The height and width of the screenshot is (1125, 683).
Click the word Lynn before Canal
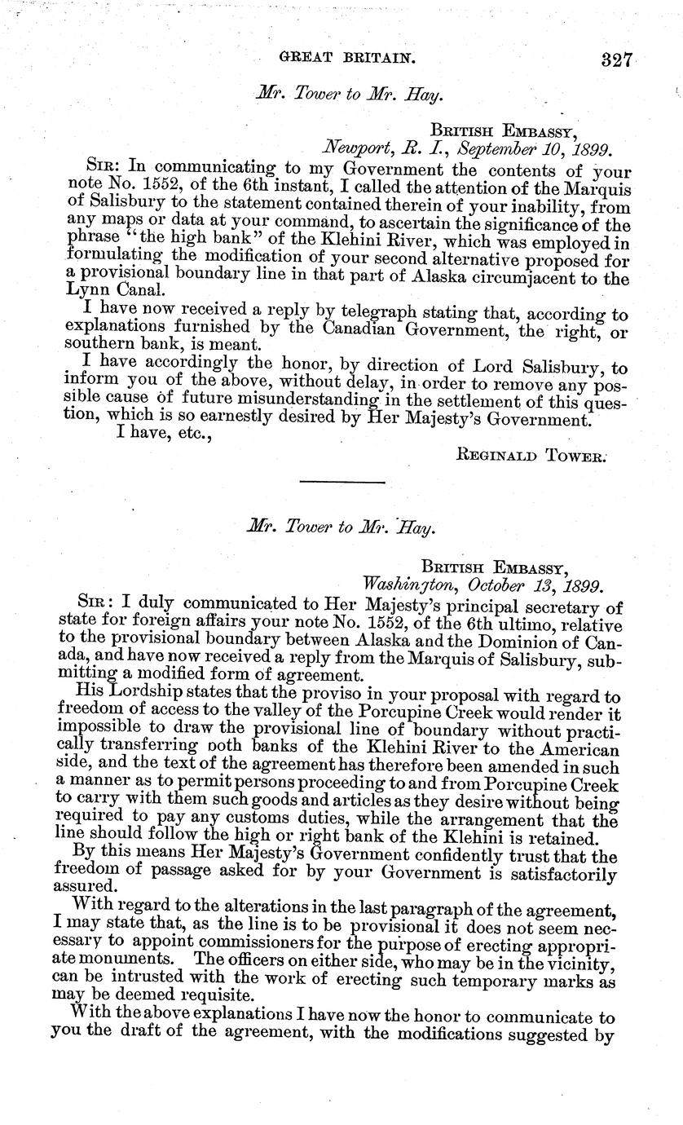(x=82, y=291)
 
